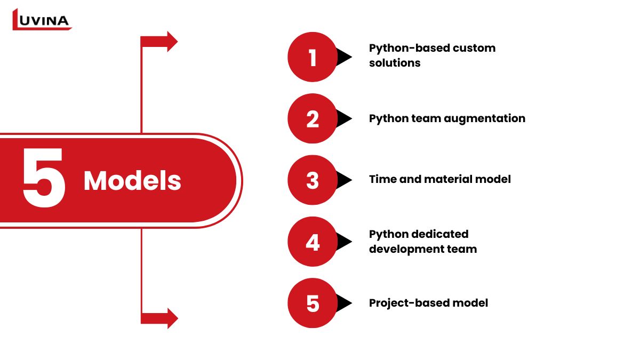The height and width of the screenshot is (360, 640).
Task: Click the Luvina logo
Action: click(x=42, y=20)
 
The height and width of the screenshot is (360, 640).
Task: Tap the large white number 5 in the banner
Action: click(x=44, y=179)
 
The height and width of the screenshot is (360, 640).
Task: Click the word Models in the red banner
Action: click(x=132, y=181)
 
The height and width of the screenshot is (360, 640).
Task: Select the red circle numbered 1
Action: click(x=312, y=57)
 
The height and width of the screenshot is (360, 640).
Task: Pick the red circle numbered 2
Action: click(x=312, y=118)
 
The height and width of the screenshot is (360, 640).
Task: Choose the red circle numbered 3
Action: click(x=312, y=180)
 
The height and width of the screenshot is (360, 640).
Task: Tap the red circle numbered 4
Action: click(x=312, y=242)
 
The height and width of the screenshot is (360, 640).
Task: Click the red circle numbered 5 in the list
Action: click(x=312, y=303)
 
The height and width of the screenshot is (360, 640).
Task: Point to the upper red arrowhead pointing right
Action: click(x=172, y=42)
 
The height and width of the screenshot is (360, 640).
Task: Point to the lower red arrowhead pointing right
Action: click(x=172, y=318)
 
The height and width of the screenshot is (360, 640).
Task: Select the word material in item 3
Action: click(x=450, y=180)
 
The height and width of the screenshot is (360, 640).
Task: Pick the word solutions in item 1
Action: click(x=395, y=63)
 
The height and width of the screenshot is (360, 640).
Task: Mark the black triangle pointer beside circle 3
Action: click(x=345, y=180)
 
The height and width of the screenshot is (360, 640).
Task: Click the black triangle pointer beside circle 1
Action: click(x=345, y=57)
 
